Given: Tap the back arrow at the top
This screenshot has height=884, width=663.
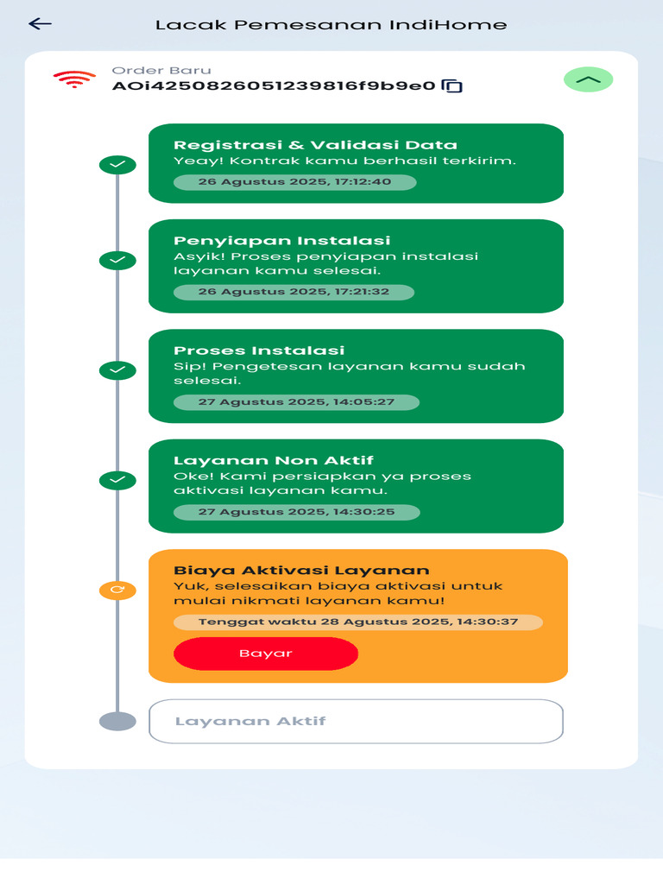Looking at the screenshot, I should coord(41,24).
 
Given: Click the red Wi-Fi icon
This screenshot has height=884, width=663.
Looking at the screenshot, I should coord(74,79).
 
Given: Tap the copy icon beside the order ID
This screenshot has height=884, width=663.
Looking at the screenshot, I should coord(452,85).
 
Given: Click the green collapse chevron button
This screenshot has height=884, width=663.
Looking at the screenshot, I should coord(588,79).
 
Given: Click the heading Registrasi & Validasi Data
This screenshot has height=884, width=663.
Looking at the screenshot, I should coord(315,145).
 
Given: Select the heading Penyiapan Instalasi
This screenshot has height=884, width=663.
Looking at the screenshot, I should coord(282,240).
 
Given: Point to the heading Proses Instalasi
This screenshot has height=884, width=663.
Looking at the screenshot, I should coord(259,350).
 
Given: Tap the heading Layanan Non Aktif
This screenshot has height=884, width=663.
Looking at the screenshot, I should coord(274,460).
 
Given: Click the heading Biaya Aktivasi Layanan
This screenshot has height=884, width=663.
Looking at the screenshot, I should coord(301,570).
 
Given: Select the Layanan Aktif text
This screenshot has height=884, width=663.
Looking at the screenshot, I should coord(250,721).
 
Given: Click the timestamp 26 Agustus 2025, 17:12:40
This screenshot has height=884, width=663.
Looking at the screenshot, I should coord(294,182).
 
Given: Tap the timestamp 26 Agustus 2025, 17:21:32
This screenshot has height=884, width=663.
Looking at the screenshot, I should coord(294,292).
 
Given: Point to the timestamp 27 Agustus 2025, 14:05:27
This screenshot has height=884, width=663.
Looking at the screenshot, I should coord(296,402).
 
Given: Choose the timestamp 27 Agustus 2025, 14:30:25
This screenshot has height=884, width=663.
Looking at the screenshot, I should coord(296,512).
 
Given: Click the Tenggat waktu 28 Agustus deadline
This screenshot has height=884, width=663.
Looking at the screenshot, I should coord(357,622).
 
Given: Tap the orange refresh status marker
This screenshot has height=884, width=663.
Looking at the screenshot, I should coord(117,590).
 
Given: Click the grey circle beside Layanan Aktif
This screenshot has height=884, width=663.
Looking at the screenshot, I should coord(117,721).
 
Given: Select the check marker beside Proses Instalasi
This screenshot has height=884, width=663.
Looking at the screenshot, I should coord(117,370).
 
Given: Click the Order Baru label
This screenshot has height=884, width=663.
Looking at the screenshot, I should coord(161,71).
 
